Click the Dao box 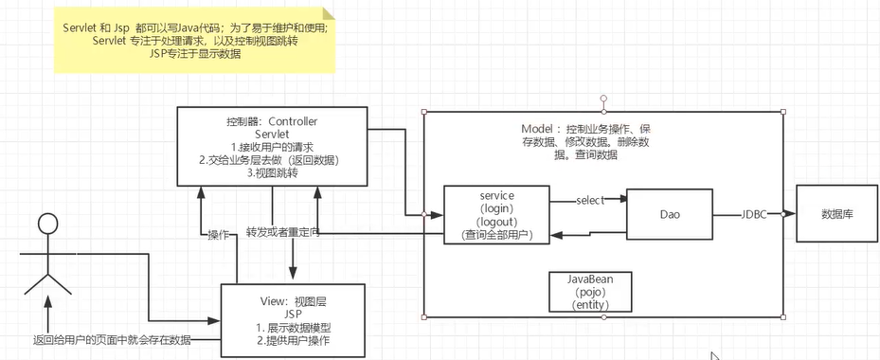tap(670, 215)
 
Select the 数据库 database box tap(835, 214)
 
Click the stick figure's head tap(46, 226)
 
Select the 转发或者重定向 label tap(282, 232)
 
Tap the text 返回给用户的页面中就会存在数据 tap(112, 339)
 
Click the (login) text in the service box tap(497, 207)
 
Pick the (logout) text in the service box tap(497, 221)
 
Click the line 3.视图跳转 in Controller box tap(272, 173)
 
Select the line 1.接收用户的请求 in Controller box tap(272, 148)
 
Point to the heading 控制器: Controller tap(272, 122)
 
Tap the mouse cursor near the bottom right tap(716, 355)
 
